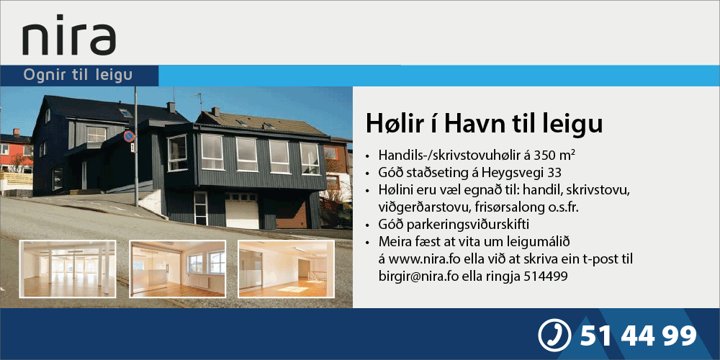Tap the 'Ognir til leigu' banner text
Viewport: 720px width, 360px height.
tap(78, 76)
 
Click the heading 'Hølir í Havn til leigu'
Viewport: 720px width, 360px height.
tap(484, 124)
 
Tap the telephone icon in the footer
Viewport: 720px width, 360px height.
tap(554, 336)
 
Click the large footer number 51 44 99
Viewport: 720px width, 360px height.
tap(638, 336)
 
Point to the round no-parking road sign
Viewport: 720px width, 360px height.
tap(129, 136)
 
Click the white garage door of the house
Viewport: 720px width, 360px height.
tap(241, 211)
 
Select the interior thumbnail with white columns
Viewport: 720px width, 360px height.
tap(68, 269)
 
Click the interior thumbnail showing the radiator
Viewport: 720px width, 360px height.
tap(177, 268)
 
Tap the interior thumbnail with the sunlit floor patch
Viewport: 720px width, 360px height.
tap(286, 269)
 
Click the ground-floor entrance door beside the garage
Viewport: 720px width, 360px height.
tap(201, 209)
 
